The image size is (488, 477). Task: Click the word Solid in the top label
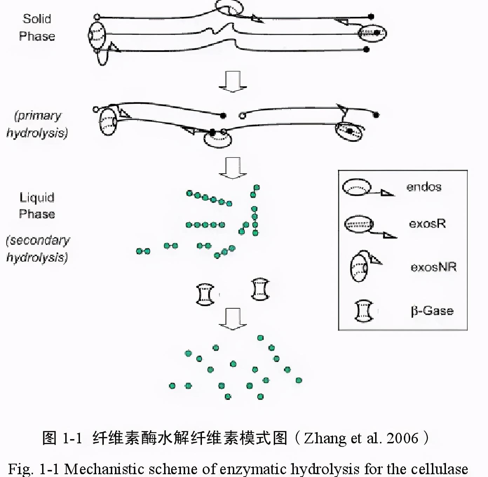37,19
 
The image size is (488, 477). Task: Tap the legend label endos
424,187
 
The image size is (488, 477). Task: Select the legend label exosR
427,224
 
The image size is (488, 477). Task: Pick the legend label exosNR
433,267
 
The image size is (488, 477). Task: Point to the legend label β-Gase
432,311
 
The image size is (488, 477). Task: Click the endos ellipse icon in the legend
357,187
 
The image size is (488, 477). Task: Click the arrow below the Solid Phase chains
232,82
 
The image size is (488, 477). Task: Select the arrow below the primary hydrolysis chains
232,168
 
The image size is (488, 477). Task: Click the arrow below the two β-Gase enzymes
232,319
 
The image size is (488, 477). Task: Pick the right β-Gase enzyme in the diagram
260,289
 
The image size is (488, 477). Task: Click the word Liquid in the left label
37,197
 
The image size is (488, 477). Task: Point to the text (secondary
38,240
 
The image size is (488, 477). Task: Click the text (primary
38,115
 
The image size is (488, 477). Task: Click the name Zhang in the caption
325,438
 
